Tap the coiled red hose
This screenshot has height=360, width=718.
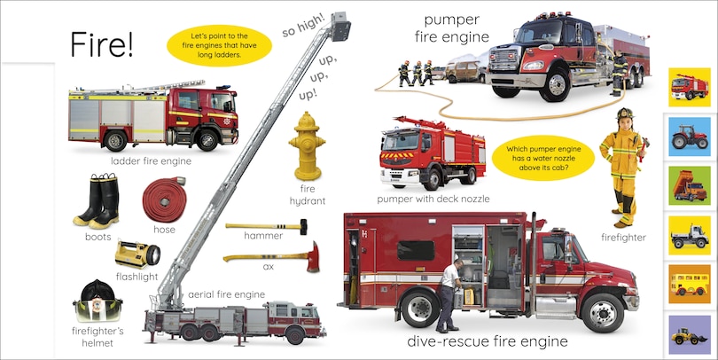tap(164, 199)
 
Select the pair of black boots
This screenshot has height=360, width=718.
tap(98, 201)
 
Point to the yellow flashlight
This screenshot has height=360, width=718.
tap(137, 254)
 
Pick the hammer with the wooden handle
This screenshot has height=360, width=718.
tap(266, 227)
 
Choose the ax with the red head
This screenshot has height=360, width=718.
tap(270, 258)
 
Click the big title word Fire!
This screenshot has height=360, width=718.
tap(102, 44)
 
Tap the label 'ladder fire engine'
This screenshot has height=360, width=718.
tap(151, 161)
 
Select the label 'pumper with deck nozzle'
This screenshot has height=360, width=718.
tap(433, 199)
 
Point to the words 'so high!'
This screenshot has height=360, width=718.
tap(304, 24)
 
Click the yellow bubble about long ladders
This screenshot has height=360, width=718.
tap(218, 46)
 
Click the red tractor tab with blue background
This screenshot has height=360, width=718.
tap(690, 137)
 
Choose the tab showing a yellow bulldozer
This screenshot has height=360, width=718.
tap(690, 335)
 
